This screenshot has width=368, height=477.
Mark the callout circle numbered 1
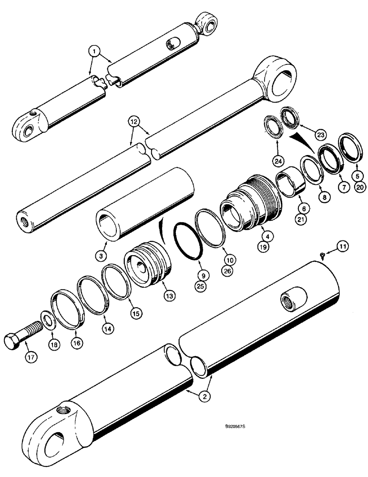tap(96, 50)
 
